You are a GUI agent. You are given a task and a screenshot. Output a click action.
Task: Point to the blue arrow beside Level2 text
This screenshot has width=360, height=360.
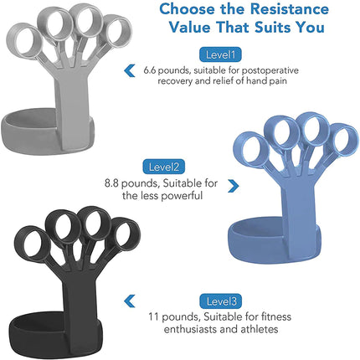(x=232, y=185)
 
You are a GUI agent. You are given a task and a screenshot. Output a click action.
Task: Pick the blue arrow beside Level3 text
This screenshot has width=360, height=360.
(x=129, y=301)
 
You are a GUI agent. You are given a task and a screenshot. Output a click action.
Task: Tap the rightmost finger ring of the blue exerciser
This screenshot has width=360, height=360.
(x=339, y=147)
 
